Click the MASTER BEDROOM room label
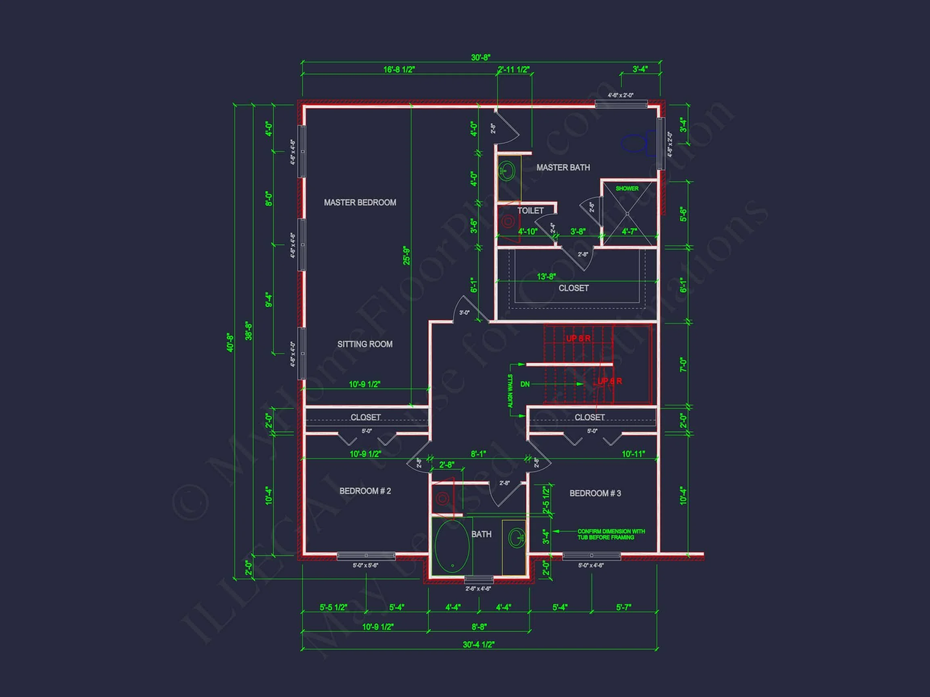click(x=360, y=202)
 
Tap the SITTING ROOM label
click(x=364, y=344)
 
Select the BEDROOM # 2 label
click(x=365, y=491)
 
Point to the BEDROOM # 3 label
click(x=595, y=493)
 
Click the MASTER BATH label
click(x=563, y=168)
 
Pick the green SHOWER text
click(x=627, y=189)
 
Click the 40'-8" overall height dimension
click(x=230, y=342)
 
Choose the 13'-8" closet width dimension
click(x=546, y=276)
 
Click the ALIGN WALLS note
click(x=510, y=391)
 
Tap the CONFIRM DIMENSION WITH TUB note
click(x=610, y=534)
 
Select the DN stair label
click(x=525, y=384)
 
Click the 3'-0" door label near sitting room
click(x=464, y=313)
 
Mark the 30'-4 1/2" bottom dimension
click(x=478, y=645)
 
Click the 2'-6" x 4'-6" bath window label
click(x=478, y=588)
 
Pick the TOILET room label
click(x=530, y=211)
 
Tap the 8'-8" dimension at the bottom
click(x=479, y=627)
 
